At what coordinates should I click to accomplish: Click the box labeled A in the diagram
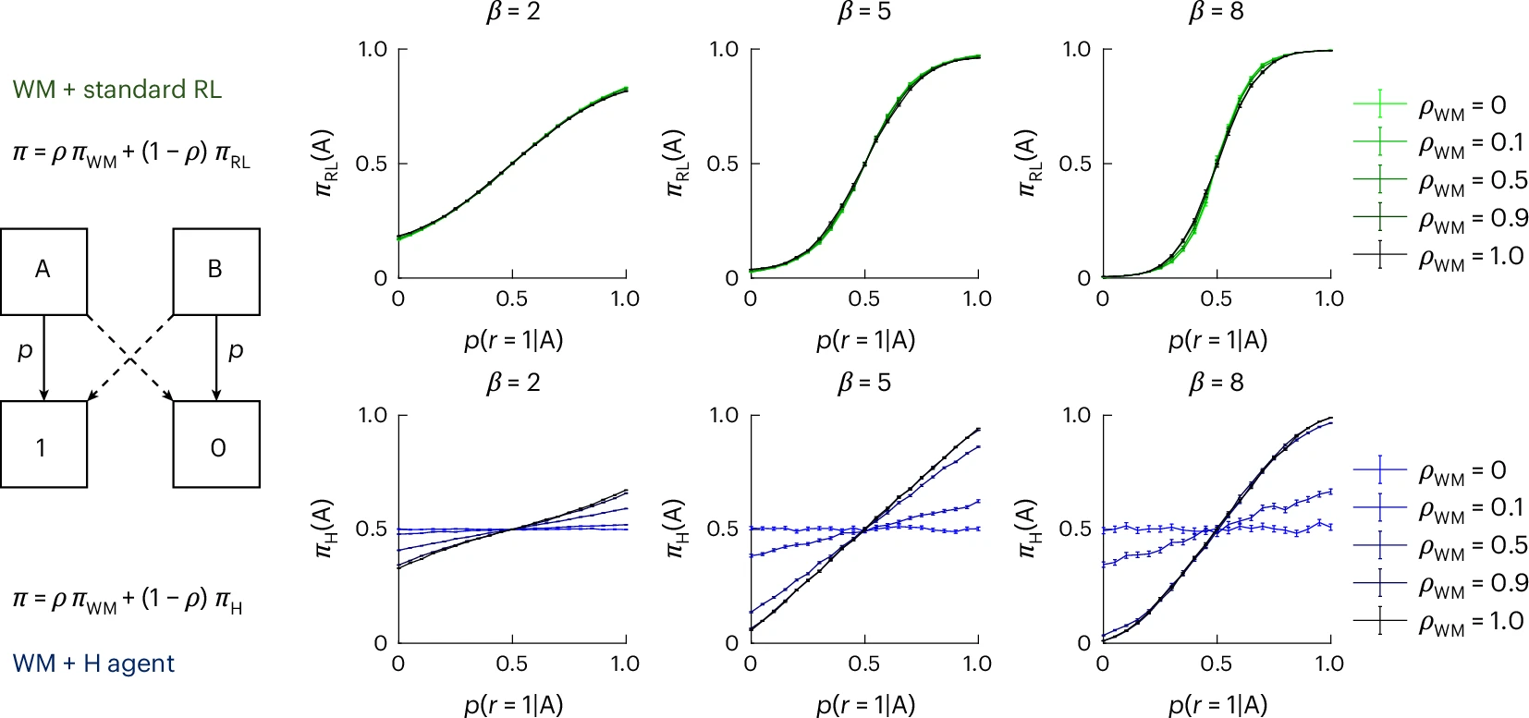(x=43, y=272)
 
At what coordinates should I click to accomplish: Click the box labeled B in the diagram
(x=216, y=272)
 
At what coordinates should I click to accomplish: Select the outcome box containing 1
(x=43, y=444)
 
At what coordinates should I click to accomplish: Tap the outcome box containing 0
(x=216, y=444)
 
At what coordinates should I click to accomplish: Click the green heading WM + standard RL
(x=117, y=90)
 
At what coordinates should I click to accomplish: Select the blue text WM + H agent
(x=93, y=663)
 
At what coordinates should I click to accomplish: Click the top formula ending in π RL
(x=131, y=153)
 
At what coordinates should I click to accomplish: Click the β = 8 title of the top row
(x=1216, y=12)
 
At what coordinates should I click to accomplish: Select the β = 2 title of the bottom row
(x=513, y=383)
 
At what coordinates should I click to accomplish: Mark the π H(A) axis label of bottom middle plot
(x=675, y=529)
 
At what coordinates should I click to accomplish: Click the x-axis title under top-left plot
(x=513, y=340)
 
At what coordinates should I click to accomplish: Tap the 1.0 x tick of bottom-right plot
(x=1329, y=663)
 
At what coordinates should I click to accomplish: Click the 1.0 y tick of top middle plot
(x=724, y=49)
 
